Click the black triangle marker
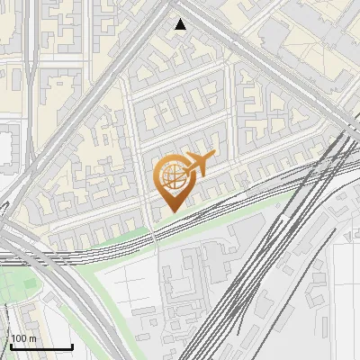pyautogui.click(x=181, y=24)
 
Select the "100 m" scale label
pyautogui.click(x=23, y=338)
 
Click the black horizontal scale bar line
pyautogui.click(x=41, y=347)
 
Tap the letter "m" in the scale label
pyautogui.click(x=32, y=338)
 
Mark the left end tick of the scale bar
pyautogui.click(x=11, y=346)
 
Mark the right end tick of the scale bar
pyautogui.click(x=72, y=346)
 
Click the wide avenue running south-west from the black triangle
pyautogui.click(x=108, y=90)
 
